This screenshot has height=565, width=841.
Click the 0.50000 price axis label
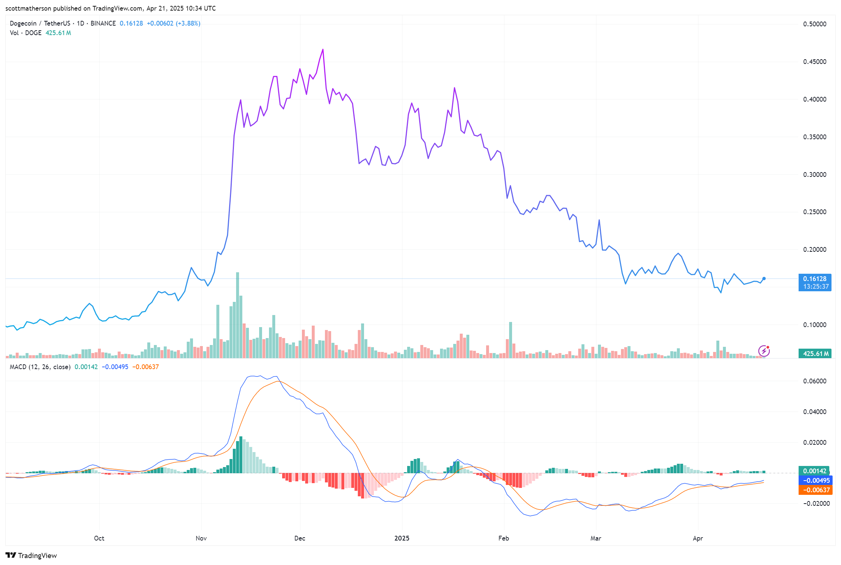pyautogui.click(x=814, y=24)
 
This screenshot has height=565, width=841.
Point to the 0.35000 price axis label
pyautogui.click(x=814, y=137)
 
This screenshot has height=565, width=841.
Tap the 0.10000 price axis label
pyautogui.click(x=814, y=325)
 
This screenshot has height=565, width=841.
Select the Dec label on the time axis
pyautogui.click(x=300, y=538)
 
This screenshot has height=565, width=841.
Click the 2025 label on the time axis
pyautogui.click(x=402, y=538)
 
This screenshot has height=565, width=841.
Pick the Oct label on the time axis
pyautogui.click(x=99, y=538)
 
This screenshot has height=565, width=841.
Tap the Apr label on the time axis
pyautogui.click(x=698, y=538)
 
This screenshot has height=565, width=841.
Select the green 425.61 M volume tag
pyautogui.click(x=815, y=354)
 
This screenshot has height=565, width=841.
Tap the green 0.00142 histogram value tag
pyautogui.click(x=814, y=471)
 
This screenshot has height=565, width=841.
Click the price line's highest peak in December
pyautogui.click(x=323, y=49)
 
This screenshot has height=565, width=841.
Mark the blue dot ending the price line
pyautogui.click(x=764, y=279)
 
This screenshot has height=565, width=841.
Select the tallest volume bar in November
pyautogui.click(x=238, y=314)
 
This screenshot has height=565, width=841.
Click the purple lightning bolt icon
pyautogui.click(x=764, y=351)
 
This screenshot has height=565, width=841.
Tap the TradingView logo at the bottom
pyautogui.click(x=31, y=555)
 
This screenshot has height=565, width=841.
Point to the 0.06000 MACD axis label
pyautogui.click(x=814, y=381)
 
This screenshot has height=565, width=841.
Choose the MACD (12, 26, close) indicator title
pyautogui.click(x=40, y=367)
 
